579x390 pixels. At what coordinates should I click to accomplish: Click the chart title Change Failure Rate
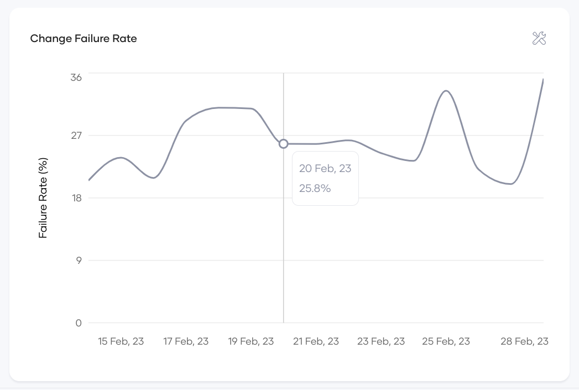(x=84, y=39)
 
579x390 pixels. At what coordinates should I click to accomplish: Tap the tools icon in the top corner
(x=539, y=38)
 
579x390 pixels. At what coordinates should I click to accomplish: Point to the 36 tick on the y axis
(x=76, y=77)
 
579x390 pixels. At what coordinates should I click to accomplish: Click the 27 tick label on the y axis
(x=76, y=136)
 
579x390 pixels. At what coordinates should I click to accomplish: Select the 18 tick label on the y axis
(x=76, y=198)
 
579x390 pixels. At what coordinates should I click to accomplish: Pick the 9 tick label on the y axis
(x=78, y=261)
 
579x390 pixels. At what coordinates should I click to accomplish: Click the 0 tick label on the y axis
(x=79, y=323)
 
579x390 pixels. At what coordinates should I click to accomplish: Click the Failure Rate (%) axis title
(x=44, y=198)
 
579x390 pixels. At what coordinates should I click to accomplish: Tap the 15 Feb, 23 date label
(x=121, y=341)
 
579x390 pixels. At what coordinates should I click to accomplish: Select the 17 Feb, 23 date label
(x=186, y=341)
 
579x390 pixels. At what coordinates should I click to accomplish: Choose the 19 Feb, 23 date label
(x=251, y=341)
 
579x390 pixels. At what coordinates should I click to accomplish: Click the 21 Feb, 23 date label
(x=316, y=341)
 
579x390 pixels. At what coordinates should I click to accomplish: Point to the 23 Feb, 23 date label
(x=381, y=341)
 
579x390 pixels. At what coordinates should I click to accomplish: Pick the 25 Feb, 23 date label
(x=446, y=341)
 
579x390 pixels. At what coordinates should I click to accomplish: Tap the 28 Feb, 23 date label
(x=524, y=341)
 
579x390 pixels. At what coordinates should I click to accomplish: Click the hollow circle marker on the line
(x=284, y=144)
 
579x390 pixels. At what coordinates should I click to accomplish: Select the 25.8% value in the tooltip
(x=315, y=188)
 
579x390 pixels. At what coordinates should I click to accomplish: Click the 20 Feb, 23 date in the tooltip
(x=325, y=169)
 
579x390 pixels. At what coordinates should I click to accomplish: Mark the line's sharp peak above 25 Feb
(x=446, y=91)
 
